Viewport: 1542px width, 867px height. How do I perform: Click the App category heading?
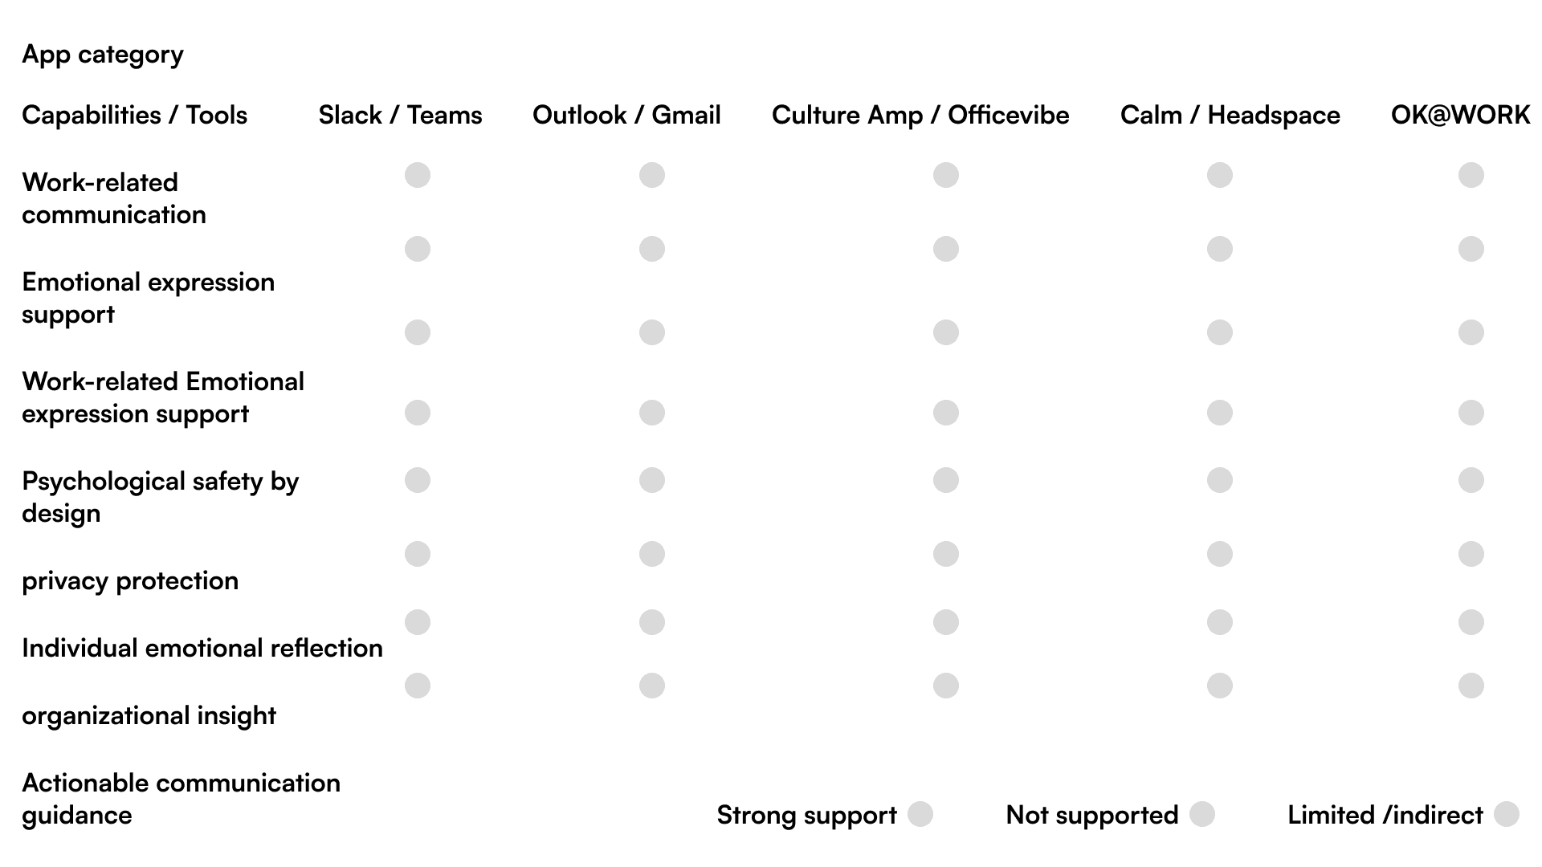[103, 55]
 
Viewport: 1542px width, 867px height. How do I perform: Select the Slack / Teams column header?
[400, 116]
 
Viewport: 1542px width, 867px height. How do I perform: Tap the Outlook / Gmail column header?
[626, 116]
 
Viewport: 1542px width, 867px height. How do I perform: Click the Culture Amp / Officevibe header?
[920, 116]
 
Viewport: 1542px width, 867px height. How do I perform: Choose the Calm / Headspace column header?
[1230, 116]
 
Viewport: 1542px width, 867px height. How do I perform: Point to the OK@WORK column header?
[1460, 116]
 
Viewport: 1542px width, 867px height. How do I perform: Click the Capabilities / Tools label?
[134, 116]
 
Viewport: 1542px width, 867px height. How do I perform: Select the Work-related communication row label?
[114, 198]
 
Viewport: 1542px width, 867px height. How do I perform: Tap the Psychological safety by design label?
[160, 497]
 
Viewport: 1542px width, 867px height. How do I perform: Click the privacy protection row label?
[130, 581]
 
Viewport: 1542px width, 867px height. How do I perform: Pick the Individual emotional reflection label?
[202, 649]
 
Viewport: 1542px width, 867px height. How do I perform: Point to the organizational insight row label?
[149, 716]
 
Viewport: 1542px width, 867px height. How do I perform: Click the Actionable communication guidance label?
[181, 799]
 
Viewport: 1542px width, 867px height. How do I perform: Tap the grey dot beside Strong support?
[920, 814]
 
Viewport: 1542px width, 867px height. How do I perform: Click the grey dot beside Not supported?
[1202, 814]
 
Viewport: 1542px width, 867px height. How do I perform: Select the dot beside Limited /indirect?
[1507, 814]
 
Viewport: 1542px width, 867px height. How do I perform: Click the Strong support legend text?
[806, 816]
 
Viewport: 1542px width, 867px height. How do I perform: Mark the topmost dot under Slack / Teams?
[418, 175]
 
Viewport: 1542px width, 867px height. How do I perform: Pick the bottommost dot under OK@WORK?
[1471, 686]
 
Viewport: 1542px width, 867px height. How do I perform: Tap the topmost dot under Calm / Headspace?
[1220, 175]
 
